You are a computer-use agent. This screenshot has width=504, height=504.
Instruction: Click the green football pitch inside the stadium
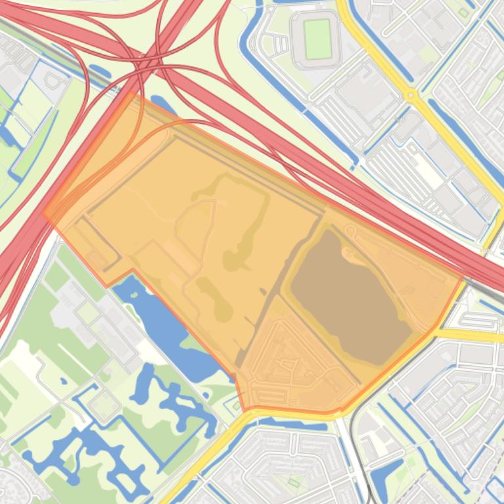tap(318, 39)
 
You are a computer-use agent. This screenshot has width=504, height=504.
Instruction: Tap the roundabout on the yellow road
tap(411, 95)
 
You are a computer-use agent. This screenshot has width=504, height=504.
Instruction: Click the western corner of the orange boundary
tap(45, 211)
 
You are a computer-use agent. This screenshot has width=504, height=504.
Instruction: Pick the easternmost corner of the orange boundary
tap(463, 278)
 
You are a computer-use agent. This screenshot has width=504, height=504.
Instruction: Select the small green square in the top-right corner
tap(464, 12)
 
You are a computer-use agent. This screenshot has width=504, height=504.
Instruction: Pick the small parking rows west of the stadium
tap(280, 45)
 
